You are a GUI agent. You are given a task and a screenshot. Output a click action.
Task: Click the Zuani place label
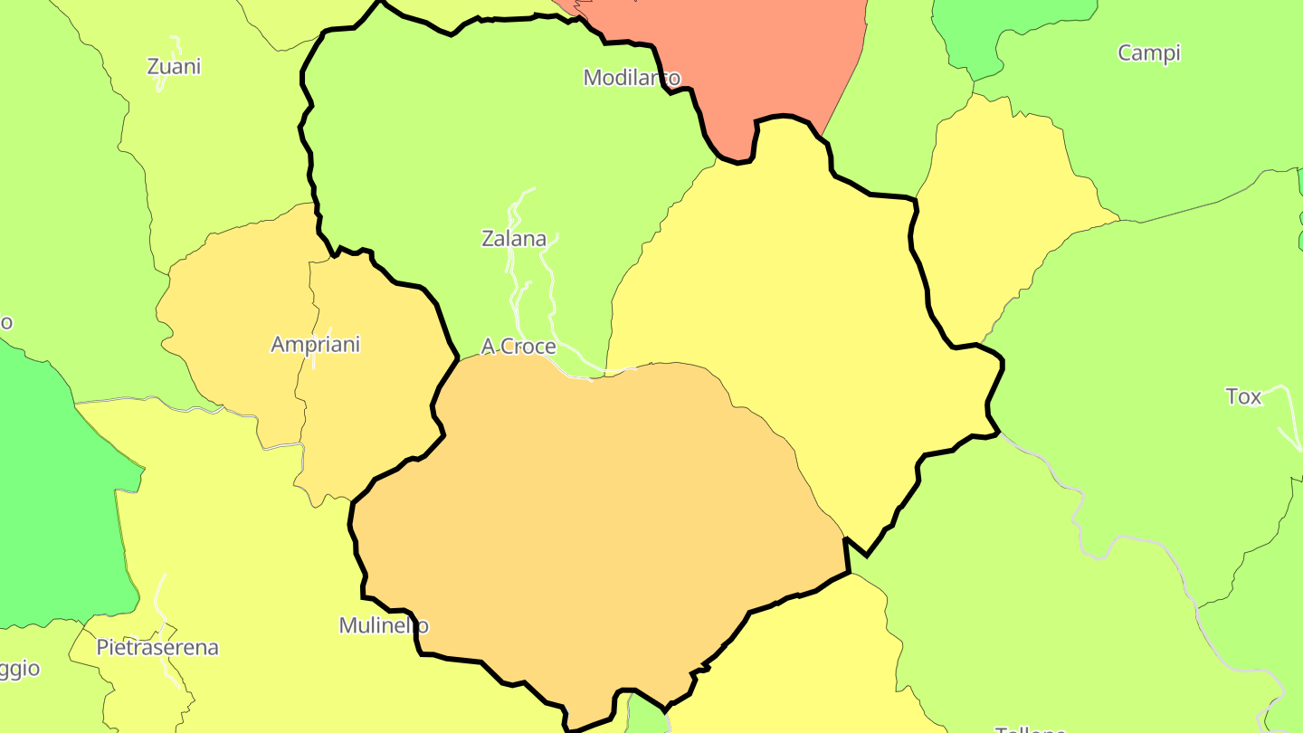click(x=174, y=66)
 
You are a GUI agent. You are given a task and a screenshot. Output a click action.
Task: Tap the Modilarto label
click(x=632, y=77)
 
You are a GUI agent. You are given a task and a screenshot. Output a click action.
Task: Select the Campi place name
click(x=1149, y=52)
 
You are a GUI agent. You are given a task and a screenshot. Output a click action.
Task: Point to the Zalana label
click(x=514, y=239)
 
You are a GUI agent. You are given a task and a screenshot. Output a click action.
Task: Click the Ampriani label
click(x=315, y=344)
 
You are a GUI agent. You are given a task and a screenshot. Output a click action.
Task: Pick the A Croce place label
click(x=518, y=347)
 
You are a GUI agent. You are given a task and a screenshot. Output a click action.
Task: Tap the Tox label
click(x=1243, y=396)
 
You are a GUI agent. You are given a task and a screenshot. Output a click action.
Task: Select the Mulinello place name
click(x=384, y=625)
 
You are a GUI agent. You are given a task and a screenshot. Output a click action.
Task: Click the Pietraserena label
click(x=157, y=648)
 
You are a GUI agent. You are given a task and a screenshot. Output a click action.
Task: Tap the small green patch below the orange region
click(x=644, y=717)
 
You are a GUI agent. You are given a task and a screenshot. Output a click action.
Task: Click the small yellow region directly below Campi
click(x=1004, y=208)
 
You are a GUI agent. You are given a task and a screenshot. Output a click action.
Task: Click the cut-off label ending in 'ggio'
click(x=18, y=669)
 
